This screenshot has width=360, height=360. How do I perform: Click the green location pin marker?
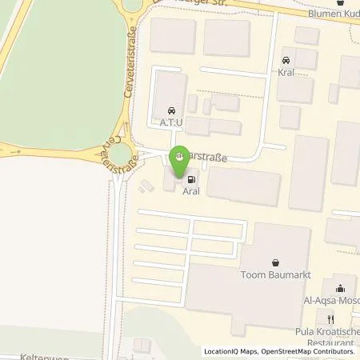[181, 163]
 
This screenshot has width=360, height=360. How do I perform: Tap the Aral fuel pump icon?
[190, 180]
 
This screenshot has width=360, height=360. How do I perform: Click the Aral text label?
[190, 193]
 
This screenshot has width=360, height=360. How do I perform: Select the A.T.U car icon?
[170, 111]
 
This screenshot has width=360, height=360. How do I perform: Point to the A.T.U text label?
[170, 124]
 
